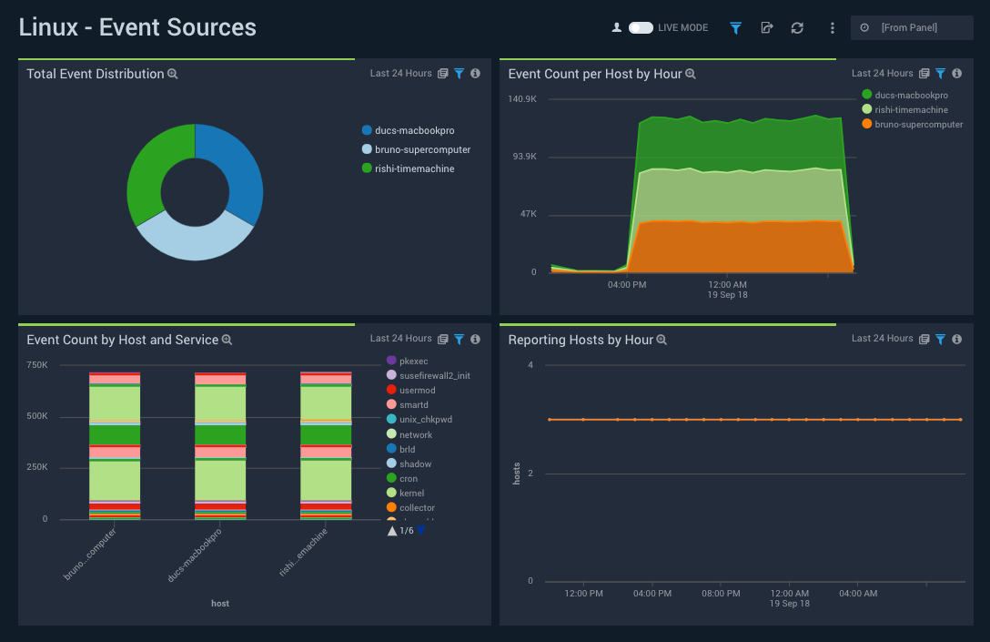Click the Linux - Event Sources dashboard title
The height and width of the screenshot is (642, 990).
[x=137, y=27]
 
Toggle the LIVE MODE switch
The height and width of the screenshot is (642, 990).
[x=641, y=27]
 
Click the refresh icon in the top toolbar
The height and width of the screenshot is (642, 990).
[x=797, y=27]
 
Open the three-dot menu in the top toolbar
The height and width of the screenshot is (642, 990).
[x=832, y=27]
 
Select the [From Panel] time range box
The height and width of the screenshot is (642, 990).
[x=912, y=27]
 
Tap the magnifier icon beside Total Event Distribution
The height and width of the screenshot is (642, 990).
[x=173, y=74]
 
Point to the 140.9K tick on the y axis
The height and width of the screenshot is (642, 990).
[x=522, y=98]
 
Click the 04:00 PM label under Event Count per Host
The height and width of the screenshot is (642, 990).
[x=627, y=285]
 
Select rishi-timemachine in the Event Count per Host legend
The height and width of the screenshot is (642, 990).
[x=911, y=109]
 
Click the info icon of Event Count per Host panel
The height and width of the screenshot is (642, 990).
[x=956, y=74]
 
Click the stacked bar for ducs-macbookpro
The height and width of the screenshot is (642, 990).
[x=220, y=446]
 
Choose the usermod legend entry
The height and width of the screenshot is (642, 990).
[x=417, y=391]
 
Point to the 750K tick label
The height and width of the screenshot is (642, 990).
[x=37, y=365]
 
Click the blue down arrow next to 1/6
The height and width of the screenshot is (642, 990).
[x=420, y=530]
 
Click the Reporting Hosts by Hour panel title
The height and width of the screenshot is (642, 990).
[x=581, y=340]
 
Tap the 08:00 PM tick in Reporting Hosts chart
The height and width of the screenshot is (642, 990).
[x=721, y=594]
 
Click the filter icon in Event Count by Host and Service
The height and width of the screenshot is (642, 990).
[x=460, y=340]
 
